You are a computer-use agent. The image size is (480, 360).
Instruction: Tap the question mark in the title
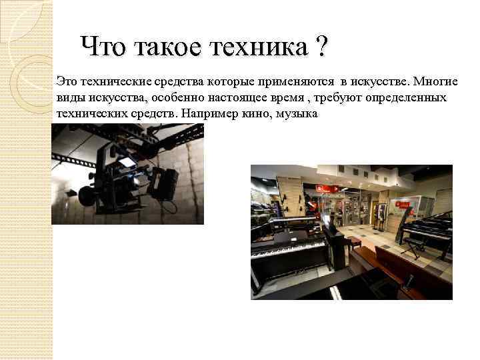point(322,46)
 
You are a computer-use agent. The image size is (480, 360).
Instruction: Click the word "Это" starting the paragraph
point(67,82)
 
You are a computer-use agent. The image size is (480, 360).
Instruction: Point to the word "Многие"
point(435,82)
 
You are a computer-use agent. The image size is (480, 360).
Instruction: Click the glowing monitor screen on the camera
point(127,161)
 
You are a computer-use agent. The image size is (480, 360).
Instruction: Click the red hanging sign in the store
point(322,188)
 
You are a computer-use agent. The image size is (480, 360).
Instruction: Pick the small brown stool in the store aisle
point(354,239)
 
